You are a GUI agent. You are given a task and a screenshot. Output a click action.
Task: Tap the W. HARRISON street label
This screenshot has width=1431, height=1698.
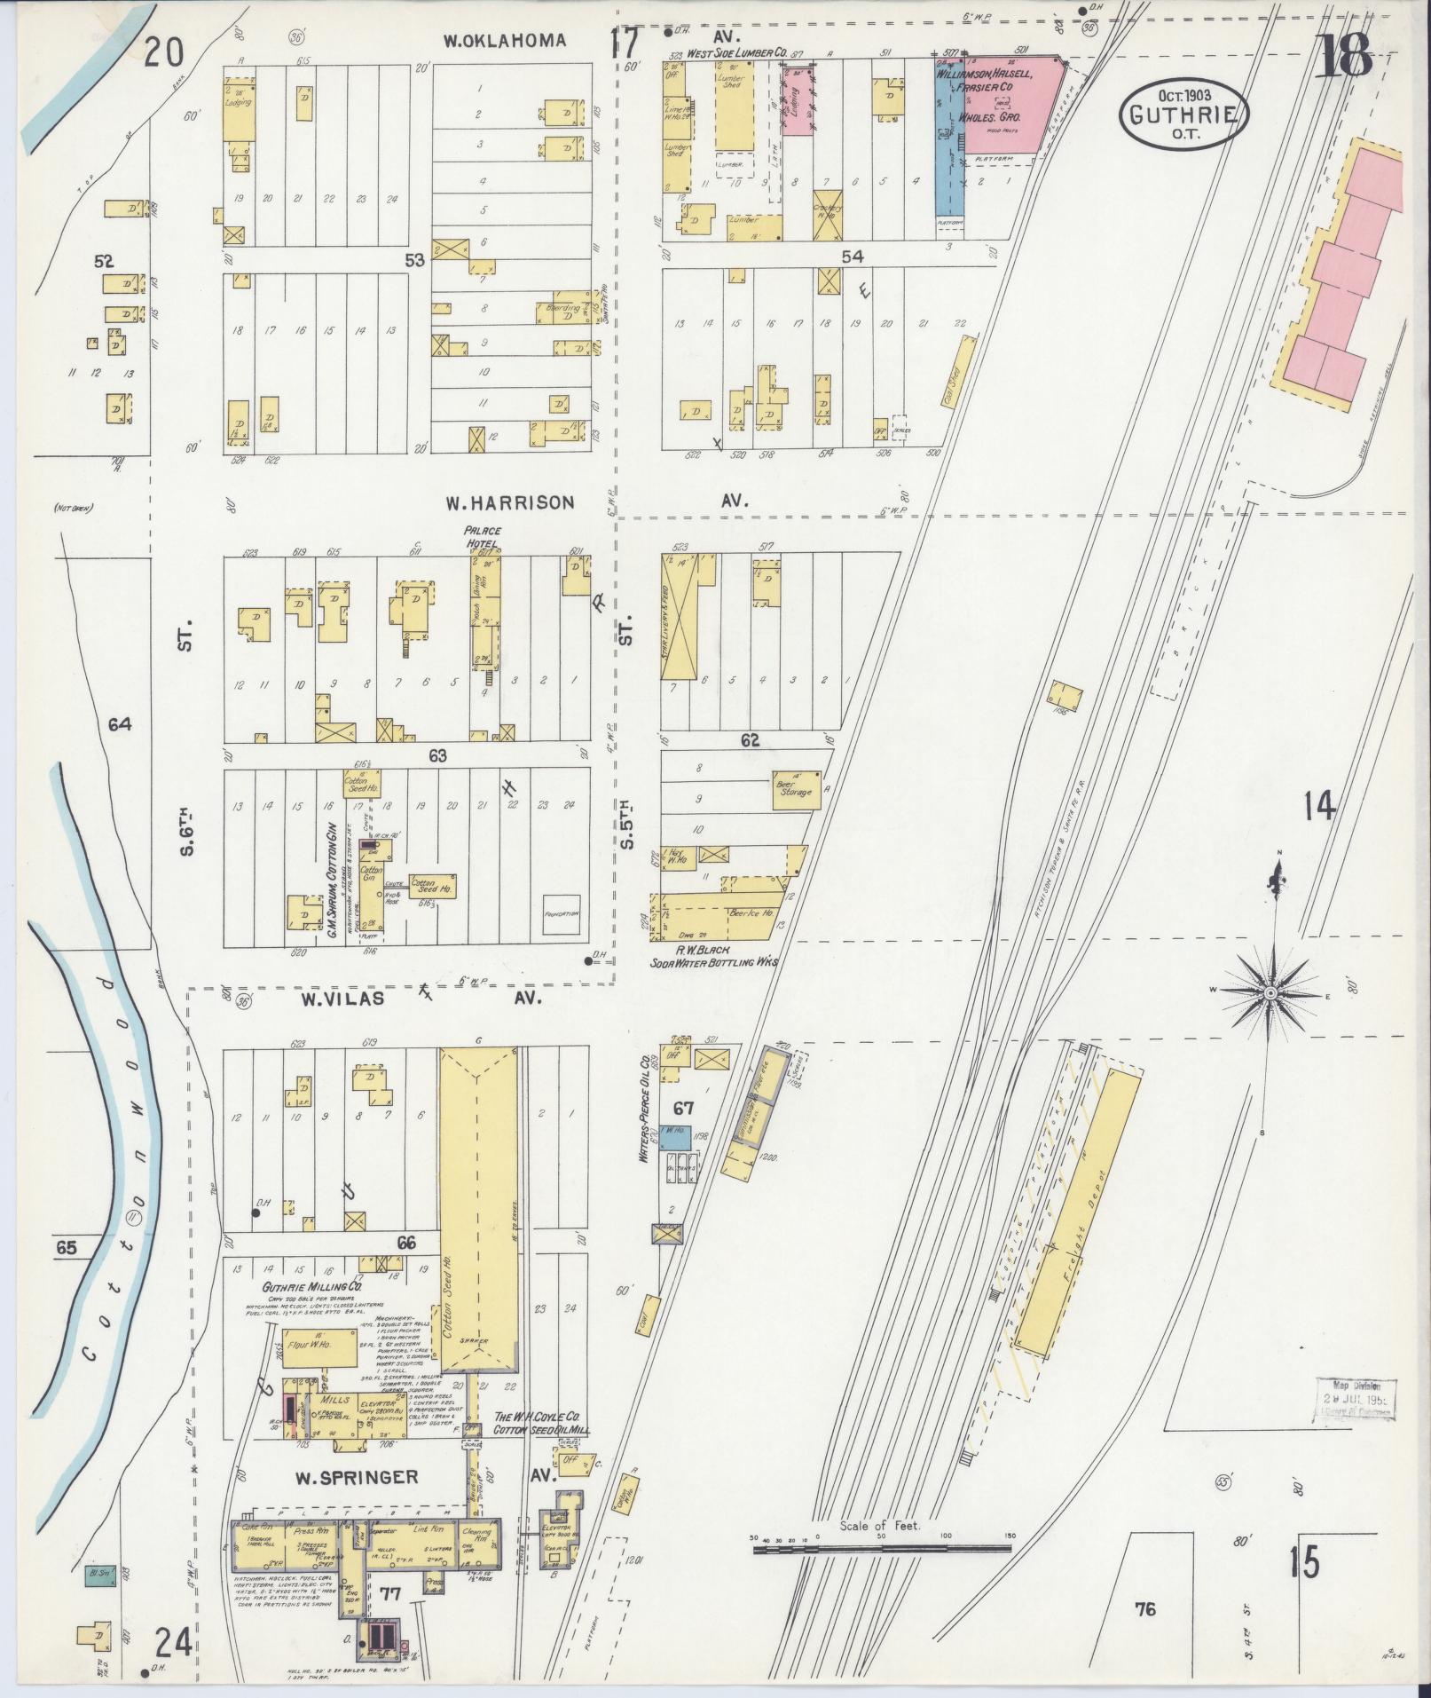pyautogui.click(x=509, y=502)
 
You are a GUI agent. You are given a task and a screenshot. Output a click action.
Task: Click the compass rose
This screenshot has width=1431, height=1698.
pyautogui.click(x=1270, y=991)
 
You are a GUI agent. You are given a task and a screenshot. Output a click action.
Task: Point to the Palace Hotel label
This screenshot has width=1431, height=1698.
pyautogui.click(x=482, y=536)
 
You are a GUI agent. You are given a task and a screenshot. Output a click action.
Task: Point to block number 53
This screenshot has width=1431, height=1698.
pyautogui.click(x=415, y=260)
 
